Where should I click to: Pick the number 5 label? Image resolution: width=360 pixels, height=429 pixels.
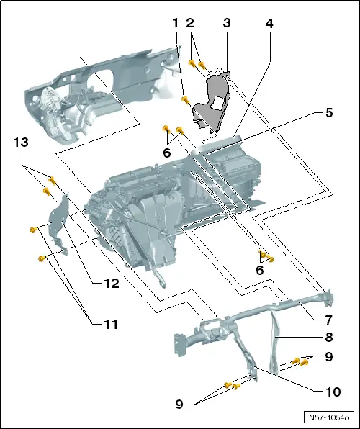[329, 112]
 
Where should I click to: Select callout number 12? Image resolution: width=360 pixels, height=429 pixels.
[109, 284]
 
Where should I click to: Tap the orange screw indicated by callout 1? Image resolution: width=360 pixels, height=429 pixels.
[185, 99]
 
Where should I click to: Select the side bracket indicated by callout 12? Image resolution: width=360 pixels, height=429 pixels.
[60, 223]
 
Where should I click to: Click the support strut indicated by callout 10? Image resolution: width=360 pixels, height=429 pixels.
[252, 363]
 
